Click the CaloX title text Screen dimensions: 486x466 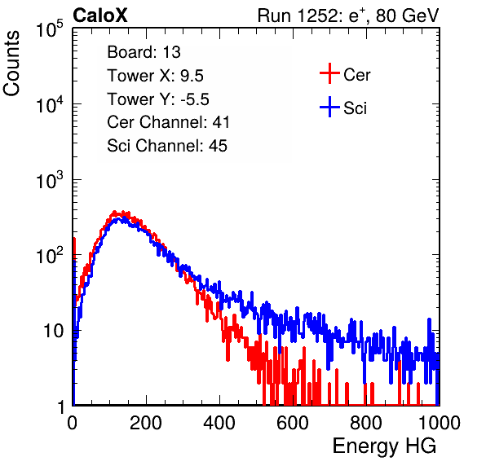click(99, 15)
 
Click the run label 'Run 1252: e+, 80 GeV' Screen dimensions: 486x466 click(348, 15)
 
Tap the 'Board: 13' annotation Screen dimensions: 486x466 click(144, 52)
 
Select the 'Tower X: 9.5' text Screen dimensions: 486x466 click(155, 76)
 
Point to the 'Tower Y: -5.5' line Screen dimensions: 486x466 click(158, 99)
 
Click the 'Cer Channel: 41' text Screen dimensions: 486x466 click(168, 122)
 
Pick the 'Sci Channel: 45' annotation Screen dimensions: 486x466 click(167, 146)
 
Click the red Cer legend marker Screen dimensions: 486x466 click(329, 73)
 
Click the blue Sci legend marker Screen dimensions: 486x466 click(329, 107)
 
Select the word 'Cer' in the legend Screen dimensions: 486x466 click(356, 75)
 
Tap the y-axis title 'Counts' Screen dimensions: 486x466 click(11, 64)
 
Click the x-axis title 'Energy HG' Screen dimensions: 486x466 click(384, 446)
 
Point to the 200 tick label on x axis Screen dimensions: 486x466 click(146, 423)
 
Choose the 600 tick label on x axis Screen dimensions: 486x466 click(293, 423)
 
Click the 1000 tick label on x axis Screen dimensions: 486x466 click(440, 423)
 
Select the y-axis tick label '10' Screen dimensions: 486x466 click(53, 331)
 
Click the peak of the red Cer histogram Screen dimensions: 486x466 click(114, 212)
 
